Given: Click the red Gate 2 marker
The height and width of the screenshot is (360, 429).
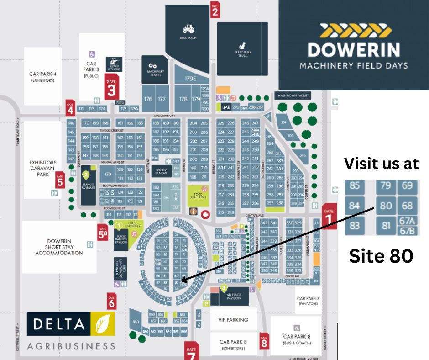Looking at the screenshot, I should (215, 10).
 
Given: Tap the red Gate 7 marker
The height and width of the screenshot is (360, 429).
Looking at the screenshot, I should (191, 350).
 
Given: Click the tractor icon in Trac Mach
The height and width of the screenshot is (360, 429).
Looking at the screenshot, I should (188, 29).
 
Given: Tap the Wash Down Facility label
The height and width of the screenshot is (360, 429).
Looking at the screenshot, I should (292, 95).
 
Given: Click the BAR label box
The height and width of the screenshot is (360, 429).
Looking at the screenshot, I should (226, 107).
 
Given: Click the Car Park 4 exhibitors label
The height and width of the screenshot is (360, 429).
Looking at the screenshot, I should (42, 76).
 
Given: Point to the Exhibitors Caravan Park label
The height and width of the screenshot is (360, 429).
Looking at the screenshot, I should (43, 168).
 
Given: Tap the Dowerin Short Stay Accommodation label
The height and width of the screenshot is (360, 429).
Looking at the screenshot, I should (59, 247).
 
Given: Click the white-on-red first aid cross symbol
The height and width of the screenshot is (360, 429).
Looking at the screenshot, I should (205, 214).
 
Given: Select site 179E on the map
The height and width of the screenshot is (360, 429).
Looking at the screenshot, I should (190, 79).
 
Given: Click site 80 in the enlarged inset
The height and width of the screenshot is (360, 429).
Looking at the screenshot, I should (386, 206).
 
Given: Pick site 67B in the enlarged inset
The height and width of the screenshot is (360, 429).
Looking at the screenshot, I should (407, 231).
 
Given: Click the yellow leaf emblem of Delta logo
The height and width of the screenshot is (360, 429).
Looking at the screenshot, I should (103, 325).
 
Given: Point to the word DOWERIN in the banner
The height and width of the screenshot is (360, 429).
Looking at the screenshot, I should (353, 49).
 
